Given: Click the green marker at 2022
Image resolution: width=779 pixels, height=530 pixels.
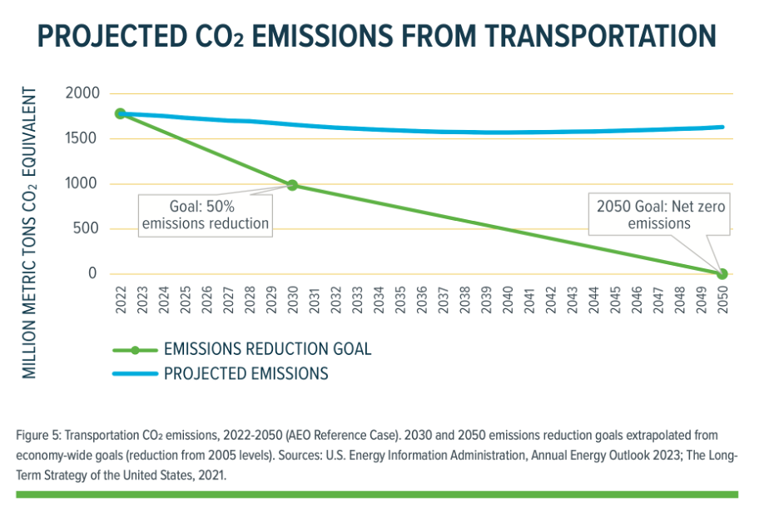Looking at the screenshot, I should pyautogui.click(x=120, y=113).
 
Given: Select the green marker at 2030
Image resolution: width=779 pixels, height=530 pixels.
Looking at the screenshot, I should pyautogui.click(x=292, y=185).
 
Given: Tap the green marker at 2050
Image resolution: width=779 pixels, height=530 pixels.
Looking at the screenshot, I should pyautogui.click(x=722, y=274).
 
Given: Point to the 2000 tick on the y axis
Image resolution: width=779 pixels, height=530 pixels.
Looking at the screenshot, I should pyautogui.click(x=81, y=93).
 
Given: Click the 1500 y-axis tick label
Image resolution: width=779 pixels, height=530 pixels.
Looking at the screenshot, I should pyautogui.click(x=81, y=138).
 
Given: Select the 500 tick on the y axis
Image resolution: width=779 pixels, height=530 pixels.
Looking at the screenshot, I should pyautogui.click(x=85, y=228).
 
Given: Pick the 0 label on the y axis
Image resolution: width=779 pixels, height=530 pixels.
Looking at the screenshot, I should pyautogui.click(x=92, y=273).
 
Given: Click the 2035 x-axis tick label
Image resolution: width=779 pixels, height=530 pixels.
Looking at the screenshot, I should pyautogui.click(x=400, y=300).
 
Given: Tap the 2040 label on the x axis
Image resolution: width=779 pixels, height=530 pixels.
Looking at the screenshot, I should pyautogui.click(x=508, y=300).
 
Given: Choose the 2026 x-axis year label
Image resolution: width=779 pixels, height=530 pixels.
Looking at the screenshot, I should pyautogui.click(x=206, y=300).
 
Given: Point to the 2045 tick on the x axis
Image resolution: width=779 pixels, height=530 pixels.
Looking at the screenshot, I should pyautogui.click(x=615, y=300).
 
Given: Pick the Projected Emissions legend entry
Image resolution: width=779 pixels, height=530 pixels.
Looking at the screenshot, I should pyautogui.click(x=246, y=373).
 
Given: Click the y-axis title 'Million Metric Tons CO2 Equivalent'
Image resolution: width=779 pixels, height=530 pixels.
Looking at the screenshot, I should pyautogui.click(x=31, y=232).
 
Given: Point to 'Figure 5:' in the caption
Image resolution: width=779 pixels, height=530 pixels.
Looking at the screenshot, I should pyautogui.click(x=38, y=435).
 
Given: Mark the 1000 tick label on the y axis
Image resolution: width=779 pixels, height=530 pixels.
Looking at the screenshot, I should pyautogui.click(x=81, y=183).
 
